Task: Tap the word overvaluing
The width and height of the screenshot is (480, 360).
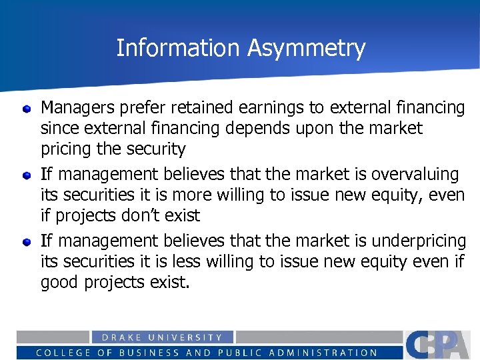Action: tap(415, 175)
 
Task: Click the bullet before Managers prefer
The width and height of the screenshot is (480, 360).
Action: tap(26, 107)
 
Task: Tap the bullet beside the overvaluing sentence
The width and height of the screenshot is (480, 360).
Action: tap(26, 175)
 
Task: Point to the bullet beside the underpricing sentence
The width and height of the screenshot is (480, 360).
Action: tap(26, 241)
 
